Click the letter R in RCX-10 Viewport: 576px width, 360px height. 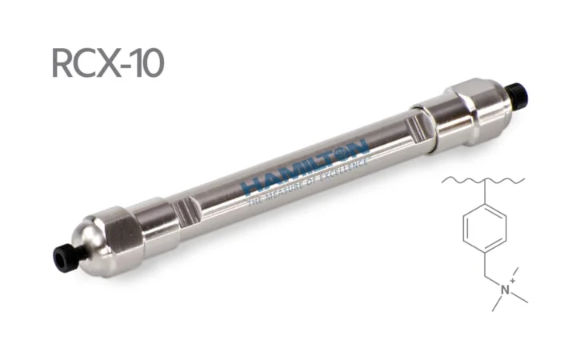(63, 62)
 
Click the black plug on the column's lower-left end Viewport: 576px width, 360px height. (62, 257)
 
